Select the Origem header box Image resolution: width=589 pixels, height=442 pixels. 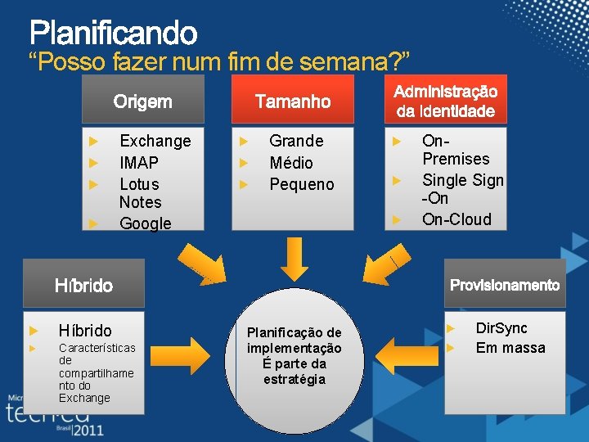coord(143,101)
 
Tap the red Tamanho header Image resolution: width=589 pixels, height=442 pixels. coord(293,101)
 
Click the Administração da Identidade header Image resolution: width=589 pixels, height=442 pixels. coord(446,101)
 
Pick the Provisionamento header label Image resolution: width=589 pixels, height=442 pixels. coord(505,285)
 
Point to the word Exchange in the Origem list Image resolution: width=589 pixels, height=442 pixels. coord(155,141)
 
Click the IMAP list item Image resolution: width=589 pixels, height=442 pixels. coord(139,163)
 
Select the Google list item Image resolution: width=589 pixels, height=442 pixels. coord(146,223)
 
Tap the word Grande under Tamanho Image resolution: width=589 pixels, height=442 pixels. coord(296,141)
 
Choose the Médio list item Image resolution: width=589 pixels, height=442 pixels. coord(291,163)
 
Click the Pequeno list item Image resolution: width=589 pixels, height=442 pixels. coord(302,184)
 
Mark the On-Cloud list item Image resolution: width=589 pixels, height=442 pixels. coord(456,219)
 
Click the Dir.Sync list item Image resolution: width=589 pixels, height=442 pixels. coord(501,328)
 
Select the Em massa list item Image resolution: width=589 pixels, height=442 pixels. coord(510,348)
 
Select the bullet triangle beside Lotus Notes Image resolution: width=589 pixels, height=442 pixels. coord(93,184)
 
